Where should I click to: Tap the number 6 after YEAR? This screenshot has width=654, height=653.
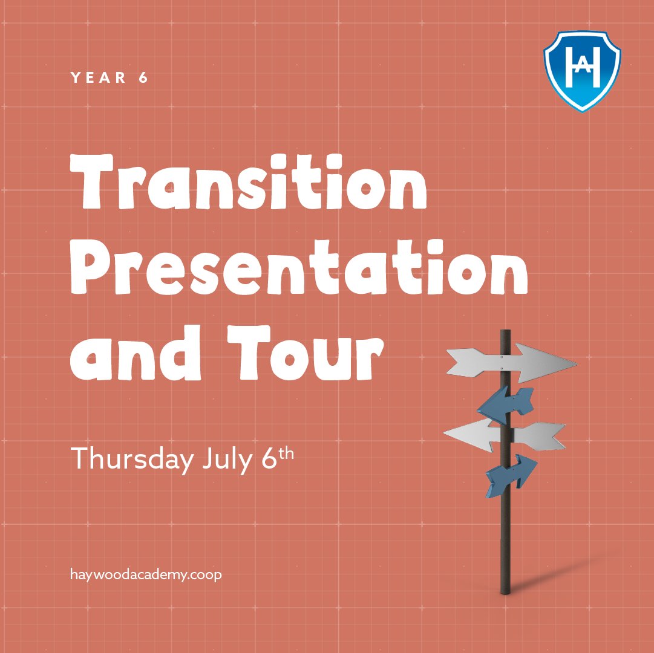[x=143, y=78]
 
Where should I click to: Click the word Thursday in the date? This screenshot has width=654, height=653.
[x=130, y=460]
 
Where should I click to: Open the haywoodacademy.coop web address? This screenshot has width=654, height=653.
[x=146, y=574]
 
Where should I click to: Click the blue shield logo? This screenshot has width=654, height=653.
[x=582, y=69]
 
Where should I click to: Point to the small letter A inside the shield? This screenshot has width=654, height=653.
[x=582, y=68]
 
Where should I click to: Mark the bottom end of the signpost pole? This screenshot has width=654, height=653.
[x=506, y=591]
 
